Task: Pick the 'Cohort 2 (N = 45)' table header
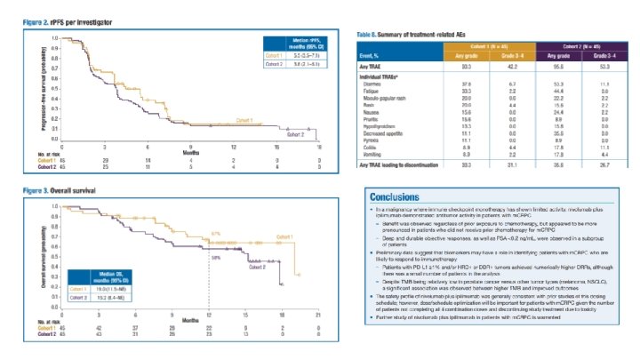(x=583, y=44)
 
